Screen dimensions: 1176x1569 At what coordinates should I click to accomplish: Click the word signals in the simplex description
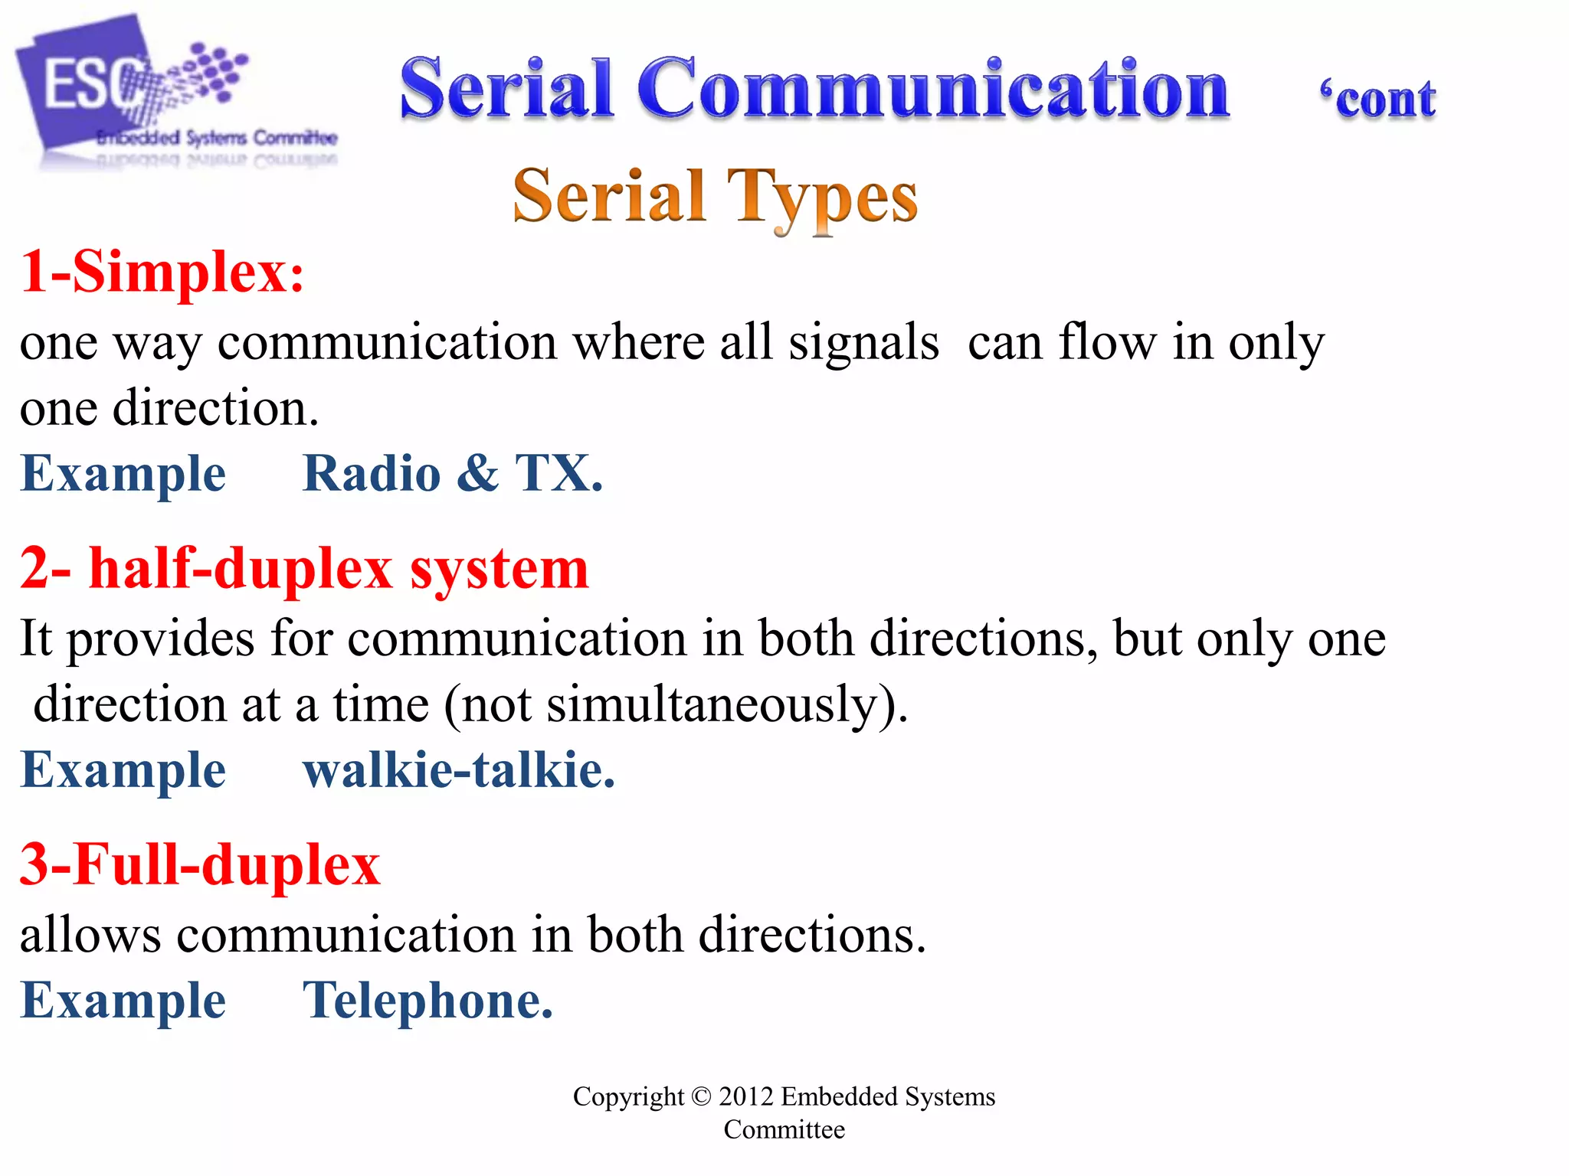863,342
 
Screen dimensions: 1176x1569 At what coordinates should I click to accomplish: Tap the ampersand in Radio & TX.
478,472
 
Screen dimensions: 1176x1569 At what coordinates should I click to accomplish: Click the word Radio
372,473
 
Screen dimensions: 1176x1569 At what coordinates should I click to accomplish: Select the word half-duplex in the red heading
241,569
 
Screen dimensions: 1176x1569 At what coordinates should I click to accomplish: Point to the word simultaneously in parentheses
711,704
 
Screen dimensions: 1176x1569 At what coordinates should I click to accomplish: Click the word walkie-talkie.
458,769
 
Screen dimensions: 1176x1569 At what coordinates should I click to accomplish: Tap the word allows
90,935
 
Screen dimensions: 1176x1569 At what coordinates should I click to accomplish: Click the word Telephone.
427,1001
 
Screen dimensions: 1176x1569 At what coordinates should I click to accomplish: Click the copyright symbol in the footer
701,1096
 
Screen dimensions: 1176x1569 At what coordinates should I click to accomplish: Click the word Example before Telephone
123,1001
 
